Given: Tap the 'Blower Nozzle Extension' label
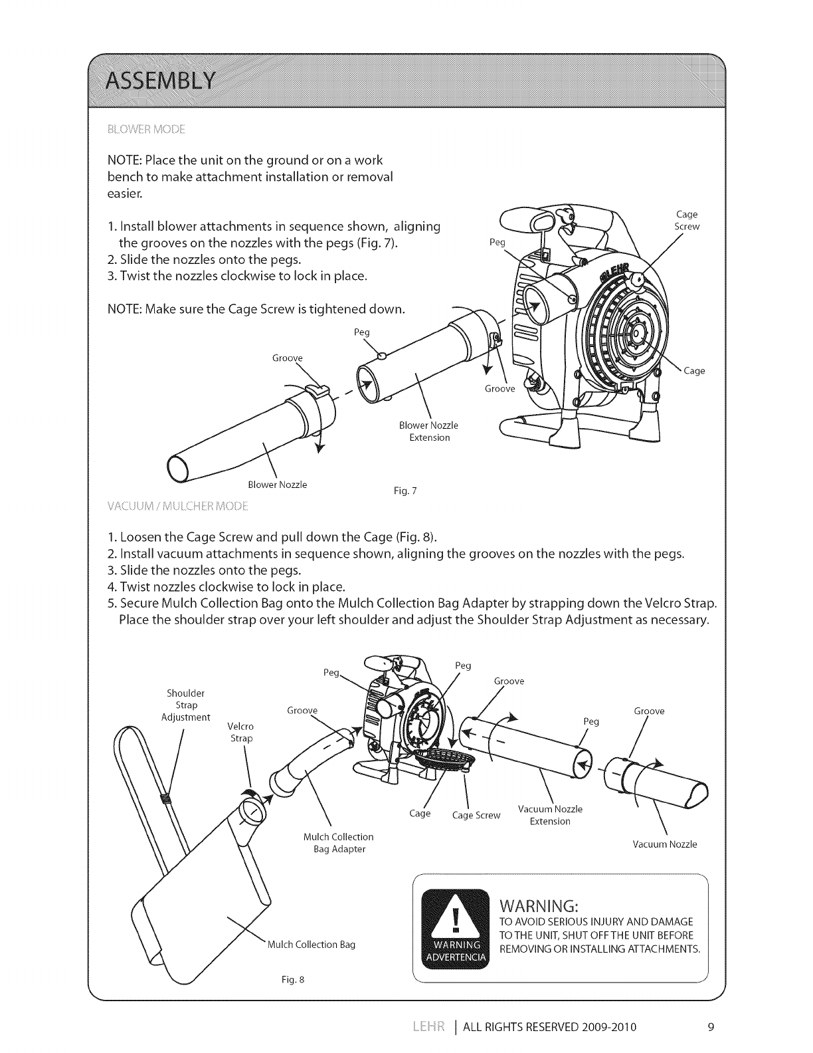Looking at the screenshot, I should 429,431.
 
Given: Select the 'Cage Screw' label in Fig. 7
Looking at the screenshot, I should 687,220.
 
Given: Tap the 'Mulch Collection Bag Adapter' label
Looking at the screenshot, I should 339,843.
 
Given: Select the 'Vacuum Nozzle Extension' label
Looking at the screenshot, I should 550,815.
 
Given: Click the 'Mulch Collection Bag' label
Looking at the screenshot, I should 311,944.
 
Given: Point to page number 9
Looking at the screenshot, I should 710,1027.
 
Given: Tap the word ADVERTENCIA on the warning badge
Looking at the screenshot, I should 456,957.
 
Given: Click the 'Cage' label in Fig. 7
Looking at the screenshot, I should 694,371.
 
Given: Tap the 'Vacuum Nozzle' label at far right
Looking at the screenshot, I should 665,844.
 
